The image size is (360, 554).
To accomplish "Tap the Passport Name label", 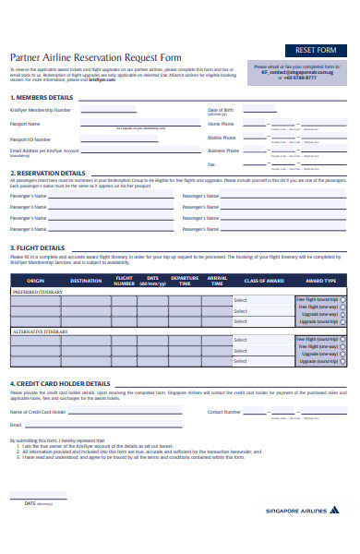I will point(25,123).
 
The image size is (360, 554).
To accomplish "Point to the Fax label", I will point(211,163).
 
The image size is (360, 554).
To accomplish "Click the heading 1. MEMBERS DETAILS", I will point(42,97).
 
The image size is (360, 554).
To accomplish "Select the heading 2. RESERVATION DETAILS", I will point(48,173).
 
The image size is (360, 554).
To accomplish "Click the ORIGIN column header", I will point(35,280).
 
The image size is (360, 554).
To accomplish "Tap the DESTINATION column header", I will point(86,280).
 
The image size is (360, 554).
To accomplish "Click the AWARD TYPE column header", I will point(320,280).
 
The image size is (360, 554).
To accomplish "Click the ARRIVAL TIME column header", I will point(217,280).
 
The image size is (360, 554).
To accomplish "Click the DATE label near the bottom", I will point(30,503).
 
